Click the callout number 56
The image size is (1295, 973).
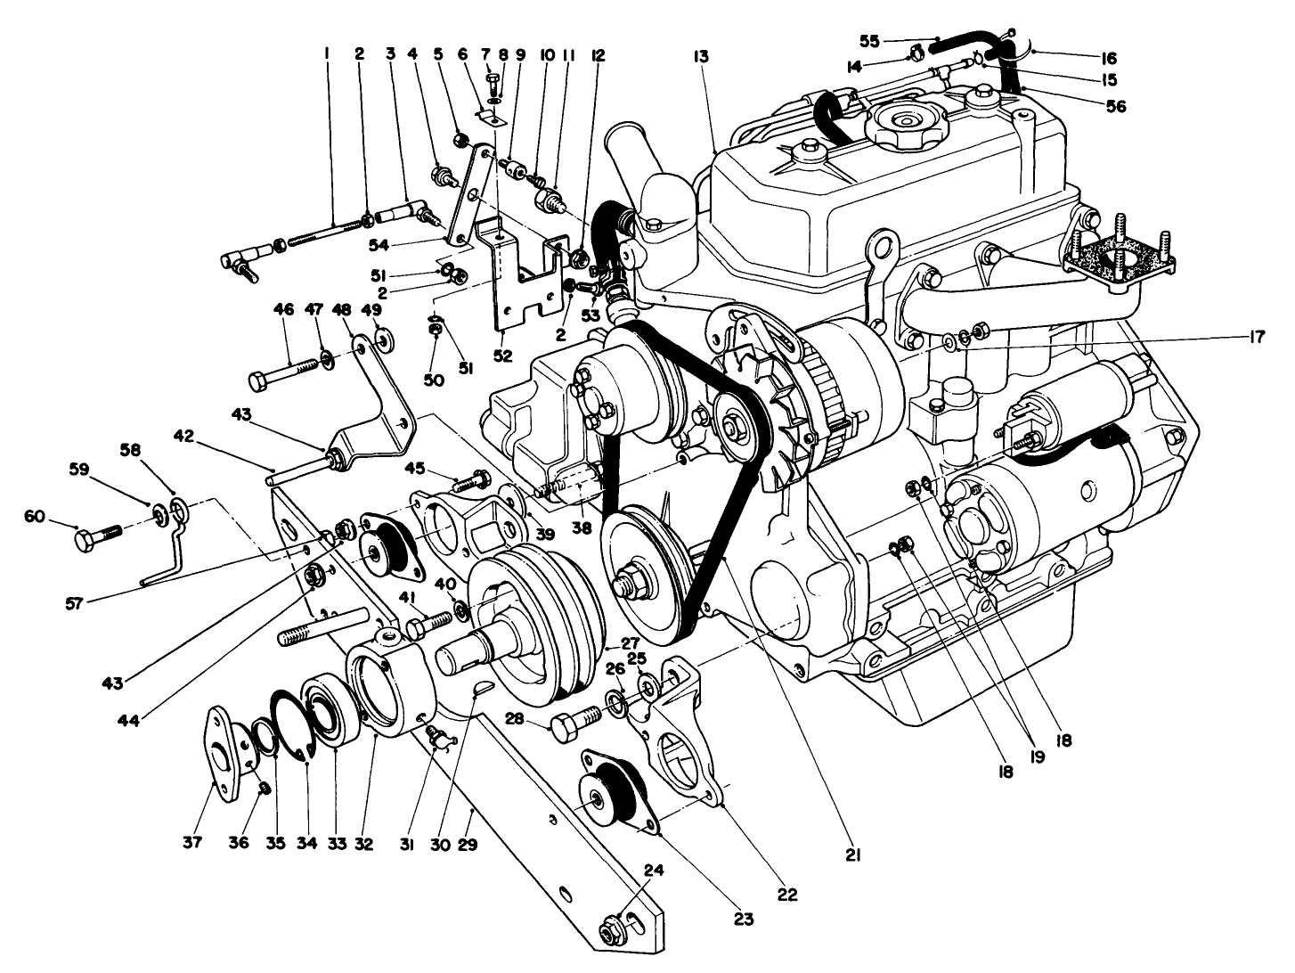pyautogui.click(x=1115, y=106)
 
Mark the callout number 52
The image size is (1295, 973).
pyautogui.click(x=503, y=356)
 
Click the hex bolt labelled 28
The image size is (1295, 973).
pyautogui.click(x=573, y=724)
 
